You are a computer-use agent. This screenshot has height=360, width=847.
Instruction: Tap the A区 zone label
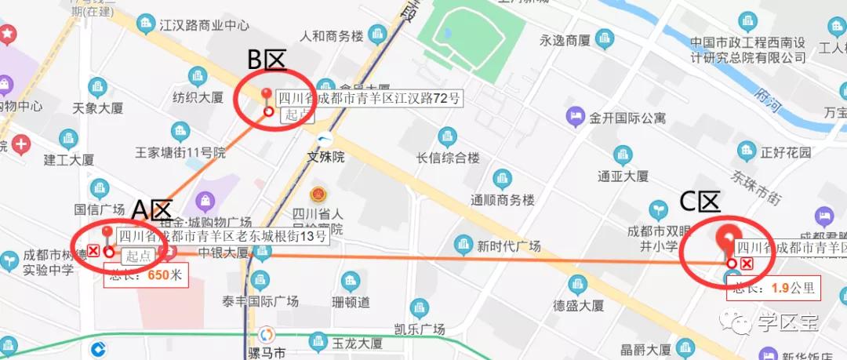tap(152, 209)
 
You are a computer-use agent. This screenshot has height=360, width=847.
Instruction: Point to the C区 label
tap(700, 202)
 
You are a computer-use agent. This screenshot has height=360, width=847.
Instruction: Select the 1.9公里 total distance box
tap(772, 288)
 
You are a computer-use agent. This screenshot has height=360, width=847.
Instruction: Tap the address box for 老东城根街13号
tap(221, 235)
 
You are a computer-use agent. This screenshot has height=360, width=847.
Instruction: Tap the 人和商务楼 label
tap(333, 36)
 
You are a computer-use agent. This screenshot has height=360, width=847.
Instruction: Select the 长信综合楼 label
tap(448, 158)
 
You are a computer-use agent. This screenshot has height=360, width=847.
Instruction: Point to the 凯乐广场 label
tap(420, 328)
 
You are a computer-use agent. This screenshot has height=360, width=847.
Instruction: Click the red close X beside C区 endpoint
tap(747, 264)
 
